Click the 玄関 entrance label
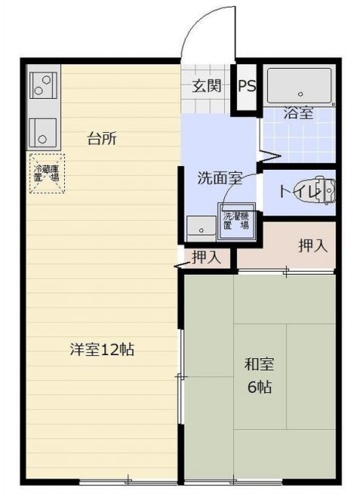[x=207, y=85]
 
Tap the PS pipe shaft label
[x=247, y=85]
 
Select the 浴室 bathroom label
[x=298, y=113]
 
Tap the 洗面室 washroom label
[x=220, y=178]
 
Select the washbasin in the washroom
[x=202, y=228]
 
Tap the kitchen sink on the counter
[x=43, y=133]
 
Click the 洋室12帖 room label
[x=101, y=349]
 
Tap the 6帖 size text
[x=260, y=387]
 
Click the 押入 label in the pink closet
[x=314, y=246]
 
